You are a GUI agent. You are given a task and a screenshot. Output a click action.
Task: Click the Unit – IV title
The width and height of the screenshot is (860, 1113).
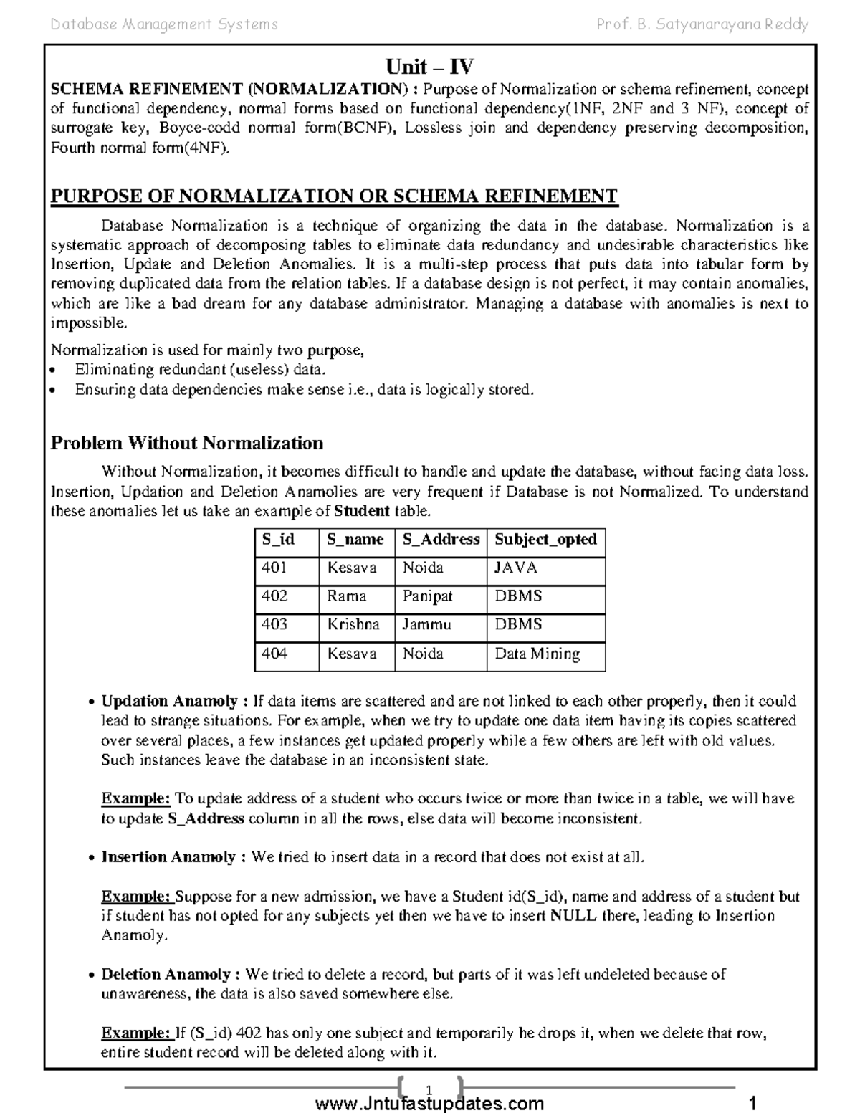click(x=429, y=67)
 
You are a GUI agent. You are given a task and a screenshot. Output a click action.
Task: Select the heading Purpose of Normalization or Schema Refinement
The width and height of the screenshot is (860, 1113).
click(x=333, y=196)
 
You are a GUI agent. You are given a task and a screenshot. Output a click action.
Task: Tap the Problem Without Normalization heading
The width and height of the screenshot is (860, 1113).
click(x=186, y=443)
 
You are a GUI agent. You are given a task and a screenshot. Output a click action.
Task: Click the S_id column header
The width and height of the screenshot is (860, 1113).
click(x=278, y=540)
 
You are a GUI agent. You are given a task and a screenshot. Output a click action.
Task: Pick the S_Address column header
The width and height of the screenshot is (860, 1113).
click(x=440, y=540)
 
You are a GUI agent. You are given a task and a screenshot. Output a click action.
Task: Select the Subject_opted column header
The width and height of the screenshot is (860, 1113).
click(x=545, y=540)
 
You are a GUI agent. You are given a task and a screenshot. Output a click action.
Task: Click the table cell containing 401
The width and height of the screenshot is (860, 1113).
click(x=274, y=568)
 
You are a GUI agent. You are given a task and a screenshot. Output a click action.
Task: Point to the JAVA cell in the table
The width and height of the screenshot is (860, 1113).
click(x=516, y=568)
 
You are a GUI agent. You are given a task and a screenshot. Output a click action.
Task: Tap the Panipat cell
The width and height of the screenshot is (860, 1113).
click(x=427, y=596)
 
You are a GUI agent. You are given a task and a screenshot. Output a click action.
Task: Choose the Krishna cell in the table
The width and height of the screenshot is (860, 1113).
click(x=353, y=624)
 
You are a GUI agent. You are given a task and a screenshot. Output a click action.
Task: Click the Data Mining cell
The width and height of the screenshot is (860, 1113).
click(x=537, y=654)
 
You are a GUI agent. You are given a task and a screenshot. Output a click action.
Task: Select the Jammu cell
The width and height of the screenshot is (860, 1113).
click(x=426, y=624)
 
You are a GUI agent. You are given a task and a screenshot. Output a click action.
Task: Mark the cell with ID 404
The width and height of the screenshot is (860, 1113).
click(x=274, y=654)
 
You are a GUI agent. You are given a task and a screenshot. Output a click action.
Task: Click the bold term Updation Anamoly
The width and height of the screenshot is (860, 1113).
click(x=169, y=701)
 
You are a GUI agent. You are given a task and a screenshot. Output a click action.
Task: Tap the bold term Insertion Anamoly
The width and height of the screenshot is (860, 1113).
click(x=168, y=857)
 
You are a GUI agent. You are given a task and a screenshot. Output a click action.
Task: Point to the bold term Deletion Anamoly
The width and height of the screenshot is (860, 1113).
click(x=166, y=975)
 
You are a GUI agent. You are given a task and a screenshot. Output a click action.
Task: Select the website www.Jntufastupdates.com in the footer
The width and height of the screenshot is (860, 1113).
click(x=429, y=1103)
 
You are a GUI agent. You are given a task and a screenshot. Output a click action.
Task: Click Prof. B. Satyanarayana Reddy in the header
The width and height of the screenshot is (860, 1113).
click(x=702, y=25)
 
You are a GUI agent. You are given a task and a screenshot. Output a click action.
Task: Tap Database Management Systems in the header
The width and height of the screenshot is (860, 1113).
click(x=164, y=25)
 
